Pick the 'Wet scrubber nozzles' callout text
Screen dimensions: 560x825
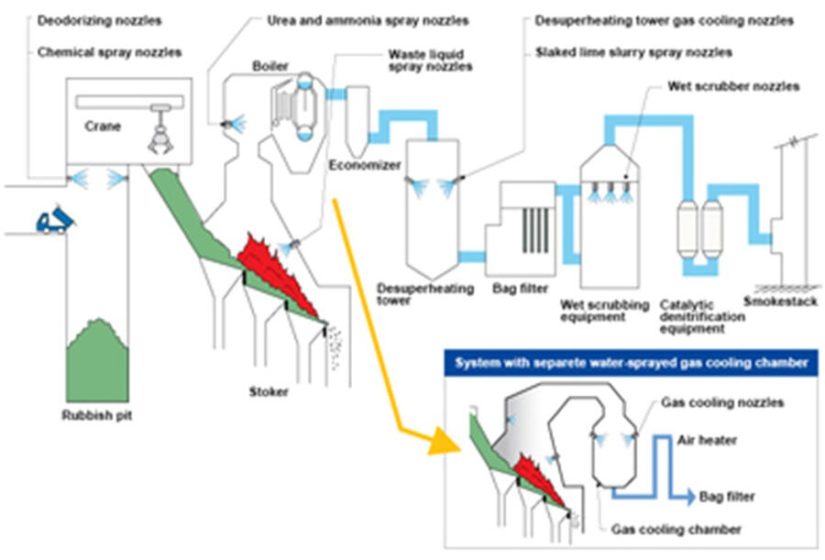[x=733, y=87]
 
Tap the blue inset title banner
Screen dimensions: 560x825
[x=628, y=363]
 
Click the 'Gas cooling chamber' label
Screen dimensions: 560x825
[x=676, y=530]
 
